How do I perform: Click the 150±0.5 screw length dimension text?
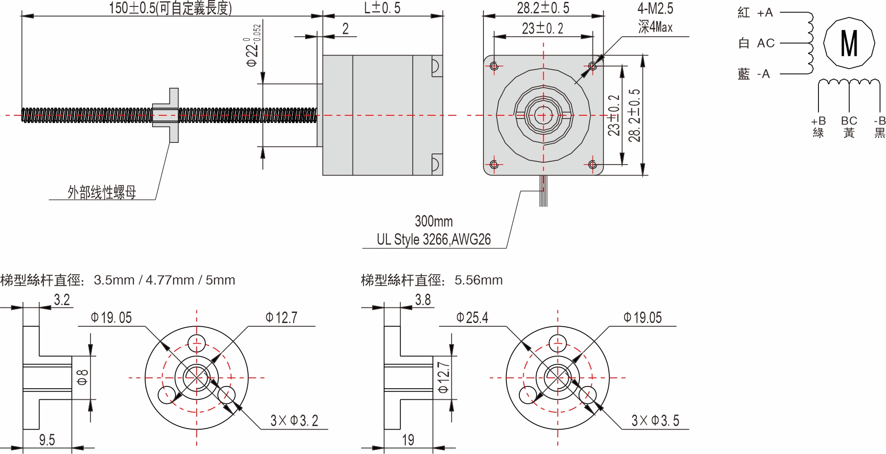tap(170, 8)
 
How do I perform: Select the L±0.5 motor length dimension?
tap(382, 8)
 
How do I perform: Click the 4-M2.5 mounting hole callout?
tap(655, 8)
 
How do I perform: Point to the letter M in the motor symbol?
tap(849, 43)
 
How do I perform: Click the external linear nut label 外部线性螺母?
tap(102, 192)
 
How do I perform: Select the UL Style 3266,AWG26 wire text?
tap(433, 239)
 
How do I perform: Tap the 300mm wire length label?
tap(433, 221)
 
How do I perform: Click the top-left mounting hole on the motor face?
tap(494, 66)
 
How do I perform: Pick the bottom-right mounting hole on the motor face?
tap(592, 165)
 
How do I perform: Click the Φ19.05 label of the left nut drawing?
tap(111, 318)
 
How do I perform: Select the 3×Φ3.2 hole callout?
tap(294, 420)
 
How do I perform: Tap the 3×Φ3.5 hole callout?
tap(655, 420)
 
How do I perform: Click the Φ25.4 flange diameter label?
tap(472, 318)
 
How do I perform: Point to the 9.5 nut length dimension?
tap(47, 440)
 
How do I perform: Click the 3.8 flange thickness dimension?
tap(423, 300)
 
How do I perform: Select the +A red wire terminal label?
tap(765, 13)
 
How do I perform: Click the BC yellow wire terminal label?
tap(849, 121)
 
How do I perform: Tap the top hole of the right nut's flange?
tap(557, 343)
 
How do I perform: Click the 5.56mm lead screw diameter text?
tap(478, 280)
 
